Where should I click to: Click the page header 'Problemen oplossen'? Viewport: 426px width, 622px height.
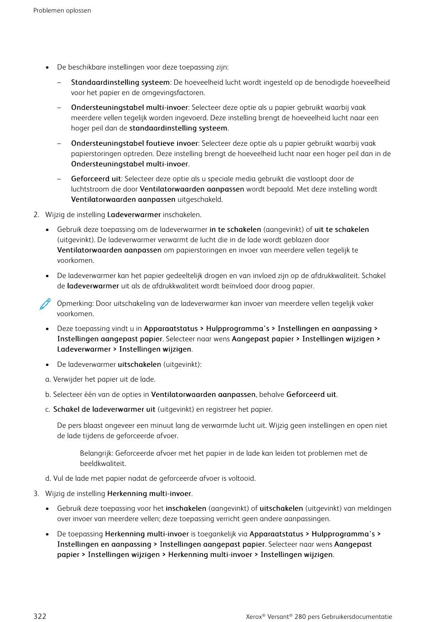[x=62, y=10]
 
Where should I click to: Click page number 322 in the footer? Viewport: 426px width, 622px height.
[x=40, y=616]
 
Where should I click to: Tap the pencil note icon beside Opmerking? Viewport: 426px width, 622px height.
[x=45, y=304]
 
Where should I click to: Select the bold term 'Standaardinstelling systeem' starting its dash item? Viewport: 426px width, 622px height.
[x=120, y=83]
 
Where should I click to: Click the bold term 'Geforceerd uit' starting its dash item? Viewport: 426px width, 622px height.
[x=96, y=179]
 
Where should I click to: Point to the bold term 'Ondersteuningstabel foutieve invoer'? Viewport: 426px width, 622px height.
[x=135, y=144]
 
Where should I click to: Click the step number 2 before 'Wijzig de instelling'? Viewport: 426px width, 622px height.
[x=36, y=215]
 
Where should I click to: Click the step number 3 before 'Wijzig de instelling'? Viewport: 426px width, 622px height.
[x=36, y=494]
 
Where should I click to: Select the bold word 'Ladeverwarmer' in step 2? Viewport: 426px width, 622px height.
[x=134, y=215]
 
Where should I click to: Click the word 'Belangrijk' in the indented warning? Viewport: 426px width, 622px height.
[x=96, y=453]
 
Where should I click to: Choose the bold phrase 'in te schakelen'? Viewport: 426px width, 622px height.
[x=235, y=230]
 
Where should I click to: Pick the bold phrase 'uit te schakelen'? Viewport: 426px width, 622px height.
[x=342, y=230]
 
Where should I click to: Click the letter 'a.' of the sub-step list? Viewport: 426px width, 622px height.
[x=48, y=379]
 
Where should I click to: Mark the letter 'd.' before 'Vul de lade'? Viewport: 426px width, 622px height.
[x=48, y=478]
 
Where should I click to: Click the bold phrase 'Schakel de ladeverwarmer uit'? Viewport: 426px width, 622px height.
[x=104, y=409]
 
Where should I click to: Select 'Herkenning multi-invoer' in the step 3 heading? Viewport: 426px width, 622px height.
[x=149, y=494]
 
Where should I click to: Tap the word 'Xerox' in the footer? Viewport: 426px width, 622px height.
[x=254, y=617]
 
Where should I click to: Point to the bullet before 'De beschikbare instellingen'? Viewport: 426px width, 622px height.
[x=47, y=68]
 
